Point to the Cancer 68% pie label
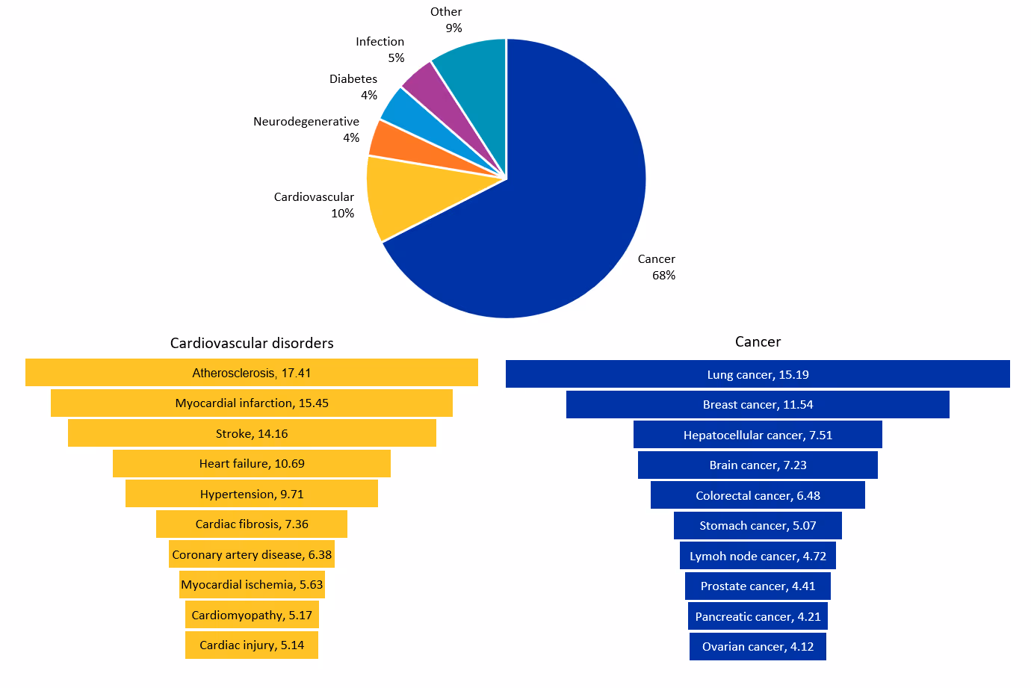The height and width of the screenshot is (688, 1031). [x=657, y=267]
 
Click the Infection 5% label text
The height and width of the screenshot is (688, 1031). [x=380, y=49]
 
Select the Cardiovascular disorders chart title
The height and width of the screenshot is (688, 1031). [x=252, y=343]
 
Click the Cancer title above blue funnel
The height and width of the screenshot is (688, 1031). [x=758, y=341]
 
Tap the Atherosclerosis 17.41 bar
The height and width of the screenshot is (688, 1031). [x=252, y=373]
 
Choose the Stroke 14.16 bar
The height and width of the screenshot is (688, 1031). [x=252, y=433]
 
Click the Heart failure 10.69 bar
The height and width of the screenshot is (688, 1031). [x=252, y=463]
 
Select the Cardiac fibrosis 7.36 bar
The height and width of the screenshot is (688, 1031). [x=252, y=524]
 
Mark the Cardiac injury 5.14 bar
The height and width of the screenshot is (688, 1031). [x=252, y=645]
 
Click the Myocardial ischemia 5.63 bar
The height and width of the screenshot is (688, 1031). [x=252, y=584]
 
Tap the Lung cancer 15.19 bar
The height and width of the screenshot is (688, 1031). [x=758, y=374]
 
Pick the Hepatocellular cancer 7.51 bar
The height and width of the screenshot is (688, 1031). [x=758, y=435]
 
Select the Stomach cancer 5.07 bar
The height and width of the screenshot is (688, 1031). [x=758, y=525]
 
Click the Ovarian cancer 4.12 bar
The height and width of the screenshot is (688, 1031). [x=758, y=646]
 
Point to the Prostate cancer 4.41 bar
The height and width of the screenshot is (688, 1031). [x=758, y=586]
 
